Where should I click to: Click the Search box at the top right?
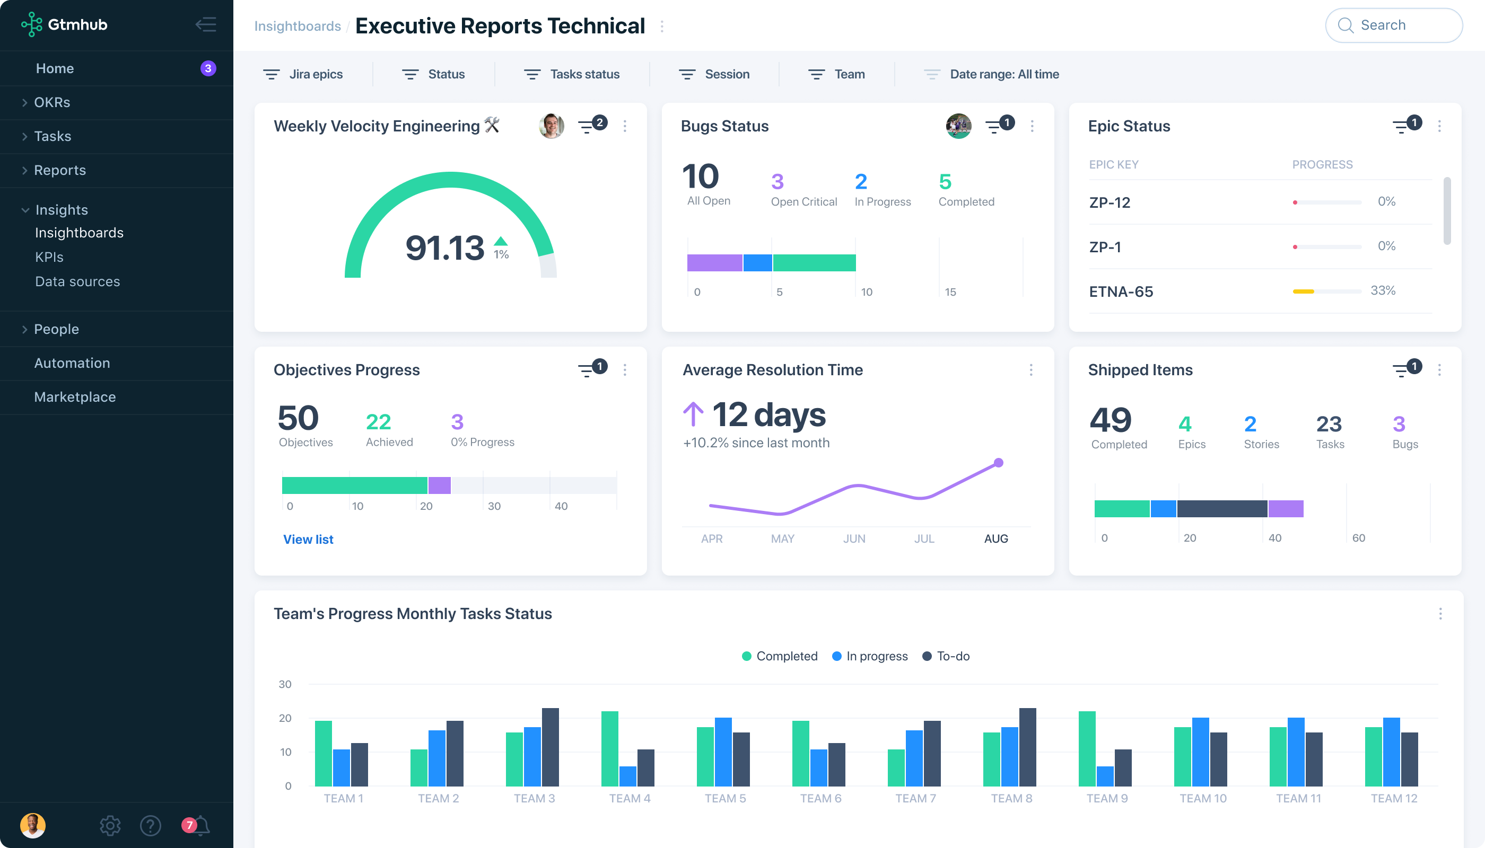click(1393, 25)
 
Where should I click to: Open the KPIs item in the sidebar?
click(49, 257)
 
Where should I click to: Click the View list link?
click(308, 540)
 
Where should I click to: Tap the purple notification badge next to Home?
click(208, 68)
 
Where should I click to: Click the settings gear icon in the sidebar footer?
click(110, 825)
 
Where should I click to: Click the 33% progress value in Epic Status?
click(1383, 290)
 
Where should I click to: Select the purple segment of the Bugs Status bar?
click(714, 263)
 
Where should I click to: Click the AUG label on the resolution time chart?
click(995, 538)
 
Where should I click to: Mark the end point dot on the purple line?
click(998, 463)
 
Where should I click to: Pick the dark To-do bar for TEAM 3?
click(550, 747)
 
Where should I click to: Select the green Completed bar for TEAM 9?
click(1087, 748)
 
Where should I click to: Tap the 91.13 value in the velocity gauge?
click(444, 248)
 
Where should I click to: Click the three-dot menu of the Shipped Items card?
click(1439, 370)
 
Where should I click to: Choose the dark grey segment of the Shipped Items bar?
click(1221, 508)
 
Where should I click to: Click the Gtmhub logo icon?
click(31, 24)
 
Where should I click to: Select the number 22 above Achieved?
click(378, 422)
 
